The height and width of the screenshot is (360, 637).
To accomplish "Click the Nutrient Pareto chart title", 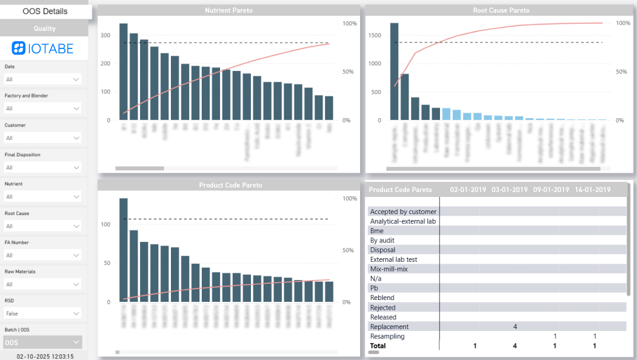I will point(228,10).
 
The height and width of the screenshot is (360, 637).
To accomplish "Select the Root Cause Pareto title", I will point(501,10).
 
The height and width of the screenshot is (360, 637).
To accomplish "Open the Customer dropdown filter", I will point(42,138).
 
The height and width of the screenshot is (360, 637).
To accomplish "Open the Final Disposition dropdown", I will point(42,167).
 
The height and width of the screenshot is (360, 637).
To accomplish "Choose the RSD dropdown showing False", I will point(42,313).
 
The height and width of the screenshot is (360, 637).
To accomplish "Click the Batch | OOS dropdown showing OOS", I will point(42,342).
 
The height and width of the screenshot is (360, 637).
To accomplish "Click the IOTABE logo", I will point(44,48).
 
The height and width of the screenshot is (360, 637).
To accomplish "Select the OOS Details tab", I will point(45,11).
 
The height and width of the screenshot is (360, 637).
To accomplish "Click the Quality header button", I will point(44,28).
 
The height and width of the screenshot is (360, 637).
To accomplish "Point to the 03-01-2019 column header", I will point(509,190).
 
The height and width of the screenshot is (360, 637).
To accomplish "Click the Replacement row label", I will point(389,327).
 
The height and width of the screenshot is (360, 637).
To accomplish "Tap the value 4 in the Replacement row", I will point(515,327).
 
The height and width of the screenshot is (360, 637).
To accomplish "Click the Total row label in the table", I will point(378,346).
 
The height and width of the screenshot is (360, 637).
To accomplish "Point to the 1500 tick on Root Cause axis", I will point(374,36).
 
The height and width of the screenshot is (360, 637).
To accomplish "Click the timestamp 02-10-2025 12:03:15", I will point(45,356).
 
